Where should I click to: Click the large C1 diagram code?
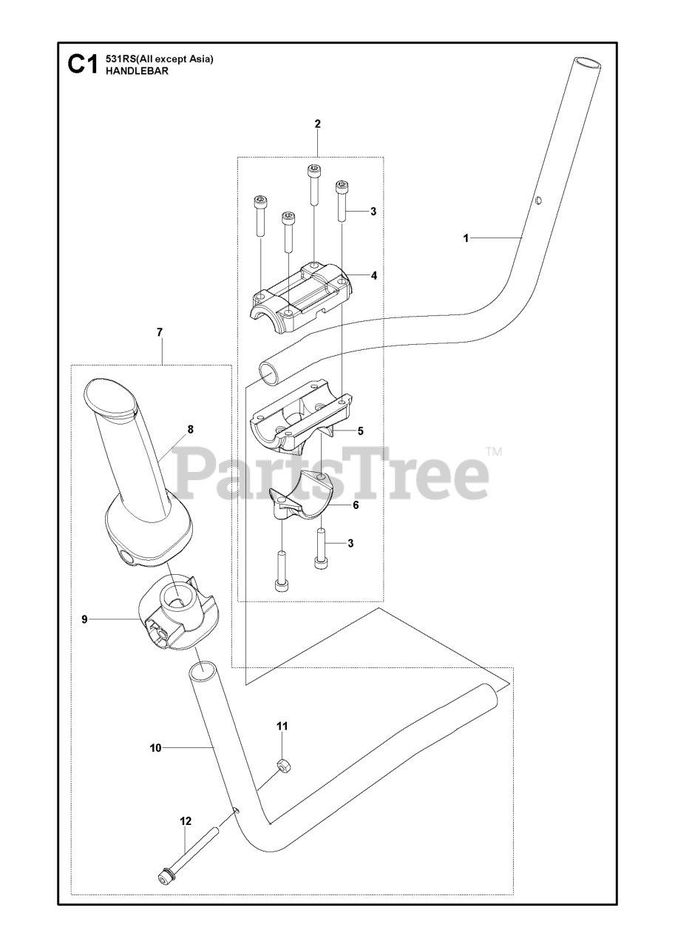[x=81, y=65]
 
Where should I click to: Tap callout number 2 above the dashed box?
[x=318, y=124]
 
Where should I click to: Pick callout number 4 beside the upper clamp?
[x=374, y=275]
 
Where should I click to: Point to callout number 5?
[x=360, y=430]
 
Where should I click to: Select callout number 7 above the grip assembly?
[x=160, y=333]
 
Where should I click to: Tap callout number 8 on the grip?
[x=190, y=429]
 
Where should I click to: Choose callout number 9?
[x=84, y=619]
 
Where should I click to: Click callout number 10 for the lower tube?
[x=155, y=748]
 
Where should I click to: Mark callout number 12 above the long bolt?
[x=185, y=821]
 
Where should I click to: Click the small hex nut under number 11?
[x=281, y=766]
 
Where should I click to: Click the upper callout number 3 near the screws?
[x=373, y=211]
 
